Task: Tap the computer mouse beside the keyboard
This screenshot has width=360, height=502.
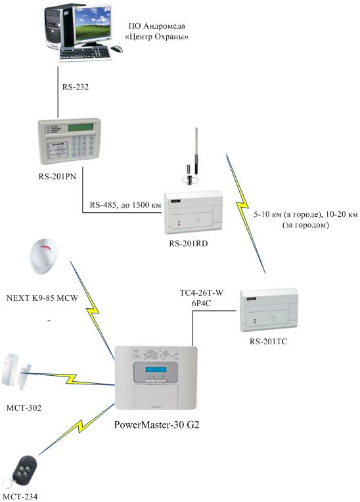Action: point(117,49)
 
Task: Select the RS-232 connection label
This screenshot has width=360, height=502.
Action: point(76,87)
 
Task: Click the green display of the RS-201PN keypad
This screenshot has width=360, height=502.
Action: point(80,127)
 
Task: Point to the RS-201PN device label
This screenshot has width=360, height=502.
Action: point(57,176)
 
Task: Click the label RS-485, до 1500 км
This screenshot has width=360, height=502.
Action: point(125,205)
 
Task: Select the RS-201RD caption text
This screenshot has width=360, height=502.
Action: point(189,244)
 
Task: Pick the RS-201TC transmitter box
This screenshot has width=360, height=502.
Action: point(269,311)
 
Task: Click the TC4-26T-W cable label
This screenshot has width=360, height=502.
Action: point(202,292)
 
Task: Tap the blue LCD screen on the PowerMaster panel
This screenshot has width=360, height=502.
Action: point(156,369)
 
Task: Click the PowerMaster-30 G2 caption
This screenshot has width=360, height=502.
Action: point(157,424)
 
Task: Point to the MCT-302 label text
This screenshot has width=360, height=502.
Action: point(24,408)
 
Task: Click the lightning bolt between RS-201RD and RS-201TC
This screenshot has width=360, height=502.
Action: point(246,214)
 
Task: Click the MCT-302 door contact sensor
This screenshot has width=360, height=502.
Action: point(16,371)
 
